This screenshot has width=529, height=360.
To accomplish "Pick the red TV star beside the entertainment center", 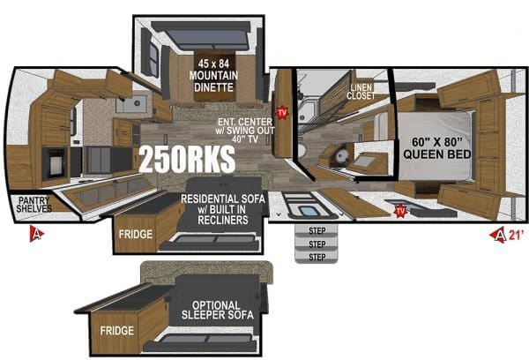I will click(282, 113).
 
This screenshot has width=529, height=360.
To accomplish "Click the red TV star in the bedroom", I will click(401, 210).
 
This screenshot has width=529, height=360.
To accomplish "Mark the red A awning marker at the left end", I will click(37, 234).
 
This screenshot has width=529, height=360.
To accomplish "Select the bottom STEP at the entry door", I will click(317, 256).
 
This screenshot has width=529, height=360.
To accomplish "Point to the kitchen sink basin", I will click(134, 106).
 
